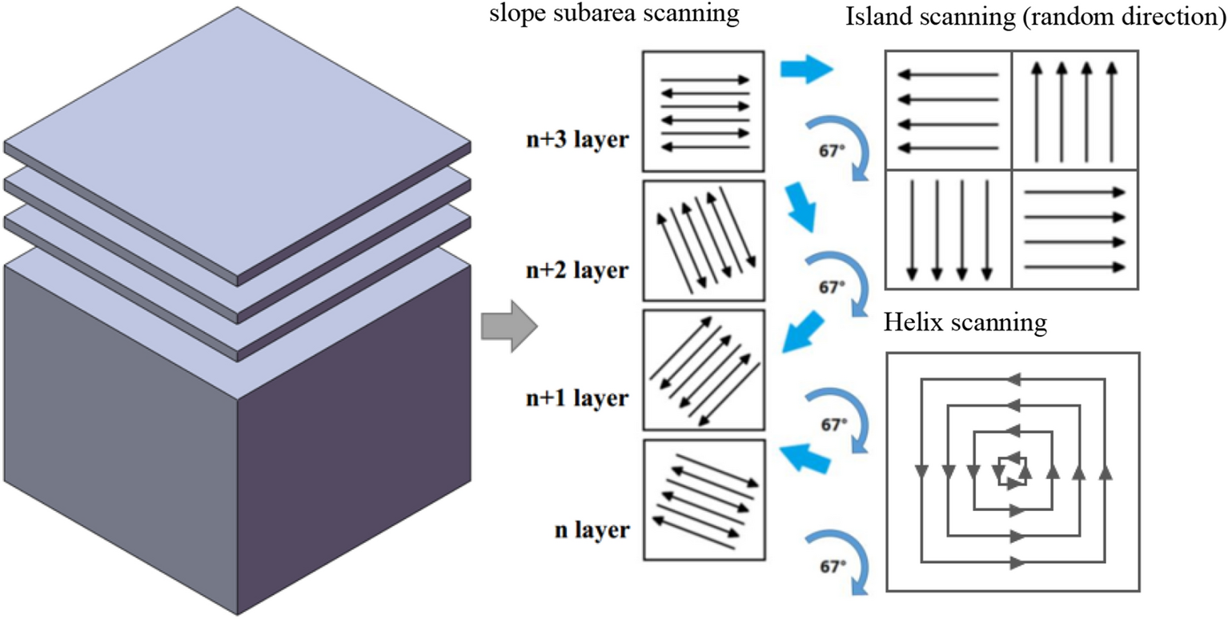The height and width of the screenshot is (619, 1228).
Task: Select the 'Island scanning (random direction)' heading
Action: [x=1036, y=18]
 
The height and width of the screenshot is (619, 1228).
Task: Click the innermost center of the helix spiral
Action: [x=1011, y=469]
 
